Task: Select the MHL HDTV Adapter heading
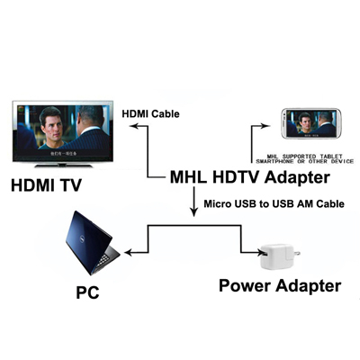[x=249, y=176]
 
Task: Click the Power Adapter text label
[x=281, y=286]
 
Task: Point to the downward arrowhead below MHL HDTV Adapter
[x=193, y=214]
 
